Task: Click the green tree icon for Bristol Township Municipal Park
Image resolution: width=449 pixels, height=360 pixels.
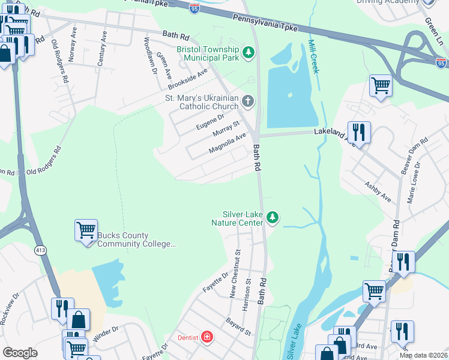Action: pos(248,55)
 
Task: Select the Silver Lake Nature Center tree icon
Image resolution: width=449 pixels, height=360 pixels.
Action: pos(273,217)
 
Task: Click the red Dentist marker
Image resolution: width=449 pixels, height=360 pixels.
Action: pos(208,337)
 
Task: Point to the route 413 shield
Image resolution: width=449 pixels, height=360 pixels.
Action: pos(41,253)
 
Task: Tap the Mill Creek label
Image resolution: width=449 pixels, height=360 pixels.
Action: pos(313,56)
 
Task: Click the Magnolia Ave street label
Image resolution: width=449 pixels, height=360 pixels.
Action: pos(228,143)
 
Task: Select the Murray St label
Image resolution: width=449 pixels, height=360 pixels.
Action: pos(228,127)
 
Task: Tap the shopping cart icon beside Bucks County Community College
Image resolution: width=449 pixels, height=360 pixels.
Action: pos(86,230)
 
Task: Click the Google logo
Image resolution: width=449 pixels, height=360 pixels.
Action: pos(20,352)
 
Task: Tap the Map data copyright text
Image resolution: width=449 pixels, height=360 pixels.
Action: pos(423,355)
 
